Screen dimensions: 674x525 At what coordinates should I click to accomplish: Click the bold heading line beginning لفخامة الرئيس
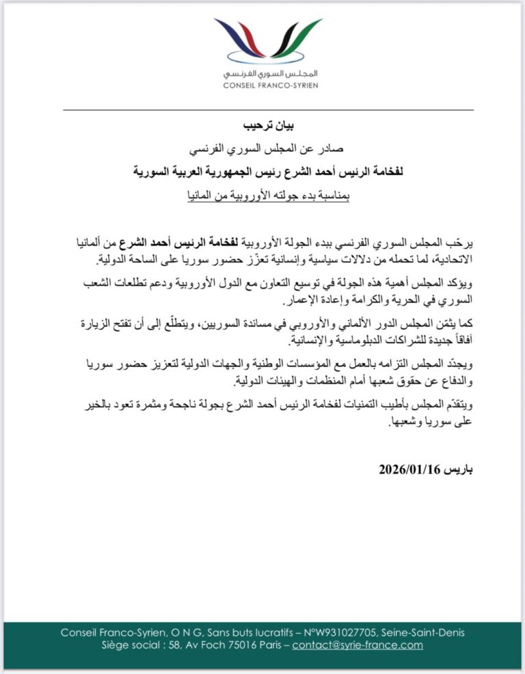click(x=268, y=172)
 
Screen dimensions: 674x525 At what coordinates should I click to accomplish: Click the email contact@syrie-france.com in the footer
click(x=358, y=645)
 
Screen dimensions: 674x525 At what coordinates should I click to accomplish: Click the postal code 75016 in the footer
click(x=229, y=645)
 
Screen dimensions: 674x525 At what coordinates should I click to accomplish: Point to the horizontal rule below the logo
click(x=268, y=109)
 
